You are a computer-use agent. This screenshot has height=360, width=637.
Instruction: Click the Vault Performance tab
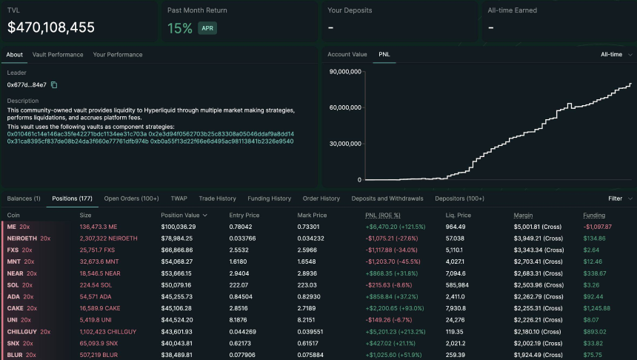[57, 55]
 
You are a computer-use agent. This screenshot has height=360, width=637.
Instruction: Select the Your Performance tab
[117, 55]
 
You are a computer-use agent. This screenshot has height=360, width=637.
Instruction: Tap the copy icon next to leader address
[54, 85]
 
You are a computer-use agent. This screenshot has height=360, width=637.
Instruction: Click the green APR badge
[207, 29]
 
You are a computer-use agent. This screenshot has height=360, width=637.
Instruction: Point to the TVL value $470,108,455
[51, 27]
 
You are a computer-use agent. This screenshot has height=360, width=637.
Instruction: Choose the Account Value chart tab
[347, 55]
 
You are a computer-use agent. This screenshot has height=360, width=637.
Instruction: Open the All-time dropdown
[616, 55]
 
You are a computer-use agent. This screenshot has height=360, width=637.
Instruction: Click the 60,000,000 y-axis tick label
[344, 107]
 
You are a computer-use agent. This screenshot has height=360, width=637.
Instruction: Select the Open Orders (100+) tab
[131, 199]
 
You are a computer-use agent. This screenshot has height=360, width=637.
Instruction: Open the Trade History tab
[217, 199]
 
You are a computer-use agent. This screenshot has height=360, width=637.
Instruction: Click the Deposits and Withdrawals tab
[387, 199]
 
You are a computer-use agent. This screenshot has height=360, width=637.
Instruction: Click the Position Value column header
[184, 215]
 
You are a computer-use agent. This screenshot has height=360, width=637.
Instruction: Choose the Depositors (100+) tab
[459, 199]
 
